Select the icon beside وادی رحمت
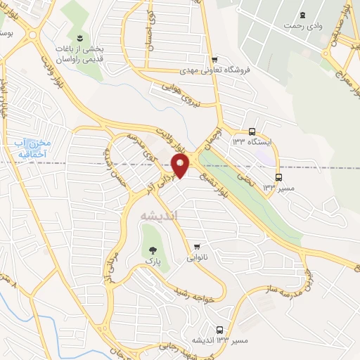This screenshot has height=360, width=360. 303,15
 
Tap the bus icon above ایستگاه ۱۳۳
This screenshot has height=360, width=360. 252,131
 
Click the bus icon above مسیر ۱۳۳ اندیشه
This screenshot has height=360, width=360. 220,329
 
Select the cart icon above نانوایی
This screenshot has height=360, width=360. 198,246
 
